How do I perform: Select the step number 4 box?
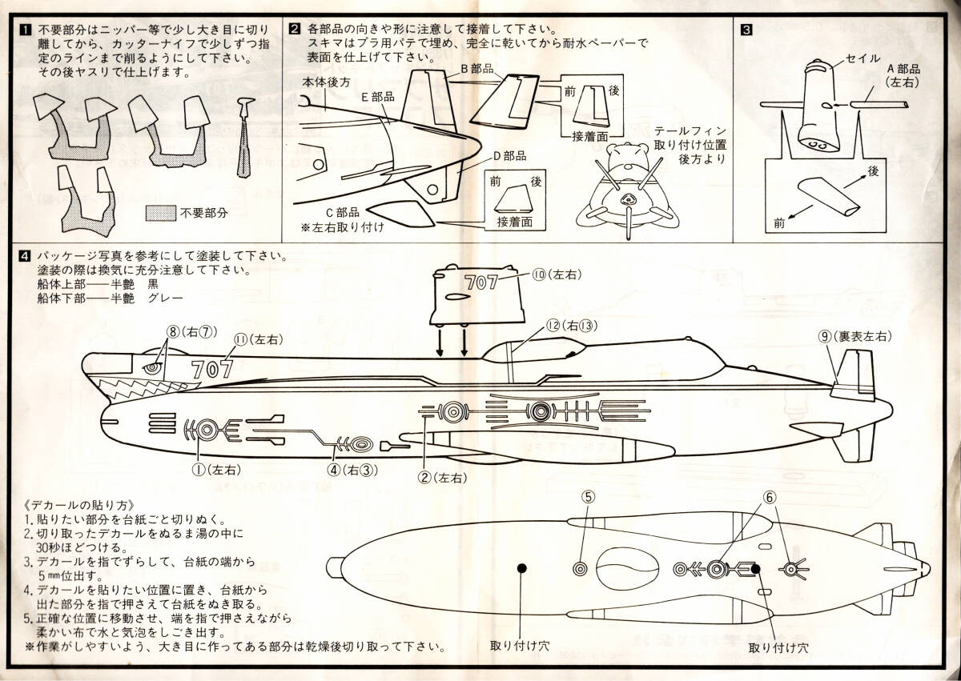[x=26, y=258]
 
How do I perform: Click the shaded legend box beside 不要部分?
[x=161, y=214]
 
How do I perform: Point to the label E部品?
[x=378, y=97]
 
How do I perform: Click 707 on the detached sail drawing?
[x=480, y=282]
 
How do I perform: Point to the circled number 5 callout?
[x=588, y=497]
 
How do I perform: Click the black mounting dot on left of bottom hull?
[x=523, y=568]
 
